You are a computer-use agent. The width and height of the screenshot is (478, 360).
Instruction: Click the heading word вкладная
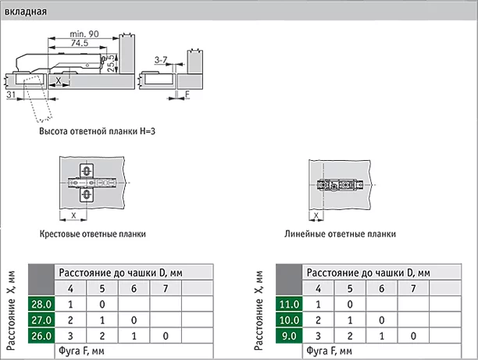coord(26,12)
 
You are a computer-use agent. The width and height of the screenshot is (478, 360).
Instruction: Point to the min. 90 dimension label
coord(84,34)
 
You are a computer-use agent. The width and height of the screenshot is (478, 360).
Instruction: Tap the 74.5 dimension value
coord(80,43)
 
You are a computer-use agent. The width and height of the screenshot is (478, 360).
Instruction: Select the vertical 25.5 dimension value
coord(112,63)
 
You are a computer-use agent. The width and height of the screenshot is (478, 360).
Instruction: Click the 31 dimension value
coord(11,94)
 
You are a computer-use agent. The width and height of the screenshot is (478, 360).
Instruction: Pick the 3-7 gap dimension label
coord(161,60)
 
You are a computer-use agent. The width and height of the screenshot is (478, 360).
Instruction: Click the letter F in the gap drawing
coord(187,94)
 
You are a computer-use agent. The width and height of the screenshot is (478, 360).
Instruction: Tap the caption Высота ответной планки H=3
coord(98,131)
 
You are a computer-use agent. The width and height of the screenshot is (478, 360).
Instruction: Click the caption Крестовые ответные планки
coord(93,234)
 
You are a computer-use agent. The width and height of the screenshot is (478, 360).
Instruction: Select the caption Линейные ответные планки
coord(341,234)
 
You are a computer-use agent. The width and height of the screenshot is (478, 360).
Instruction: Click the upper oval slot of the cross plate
coord(87,171)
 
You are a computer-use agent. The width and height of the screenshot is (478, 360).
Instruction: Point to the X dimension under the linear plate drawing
coord(316,216)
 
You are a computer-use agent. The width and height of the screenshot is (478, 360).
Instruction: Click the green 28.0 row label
coord(41,305)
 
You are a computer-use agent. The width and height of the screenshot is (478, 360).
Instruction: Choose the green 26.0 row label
coord(41,336)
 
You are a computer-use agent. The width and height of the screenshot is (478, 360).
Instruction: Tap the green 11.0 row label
coord(289,305)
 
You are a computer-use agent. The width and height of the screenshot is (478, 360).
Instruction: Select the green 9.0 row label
coord(289,336)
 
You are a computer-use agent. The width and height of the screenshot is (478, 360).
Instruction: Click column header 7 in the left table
coord(166,288)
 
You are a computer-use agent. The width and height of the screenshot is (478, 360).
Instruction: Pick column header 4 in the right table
coord(318,288)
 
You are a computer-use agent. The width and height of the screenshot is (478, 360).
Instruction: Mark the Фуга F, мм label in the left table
coord(81,351)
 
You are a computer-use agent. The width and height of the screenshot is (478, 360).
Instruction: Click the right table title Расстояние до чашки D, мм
coord(368,273)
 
